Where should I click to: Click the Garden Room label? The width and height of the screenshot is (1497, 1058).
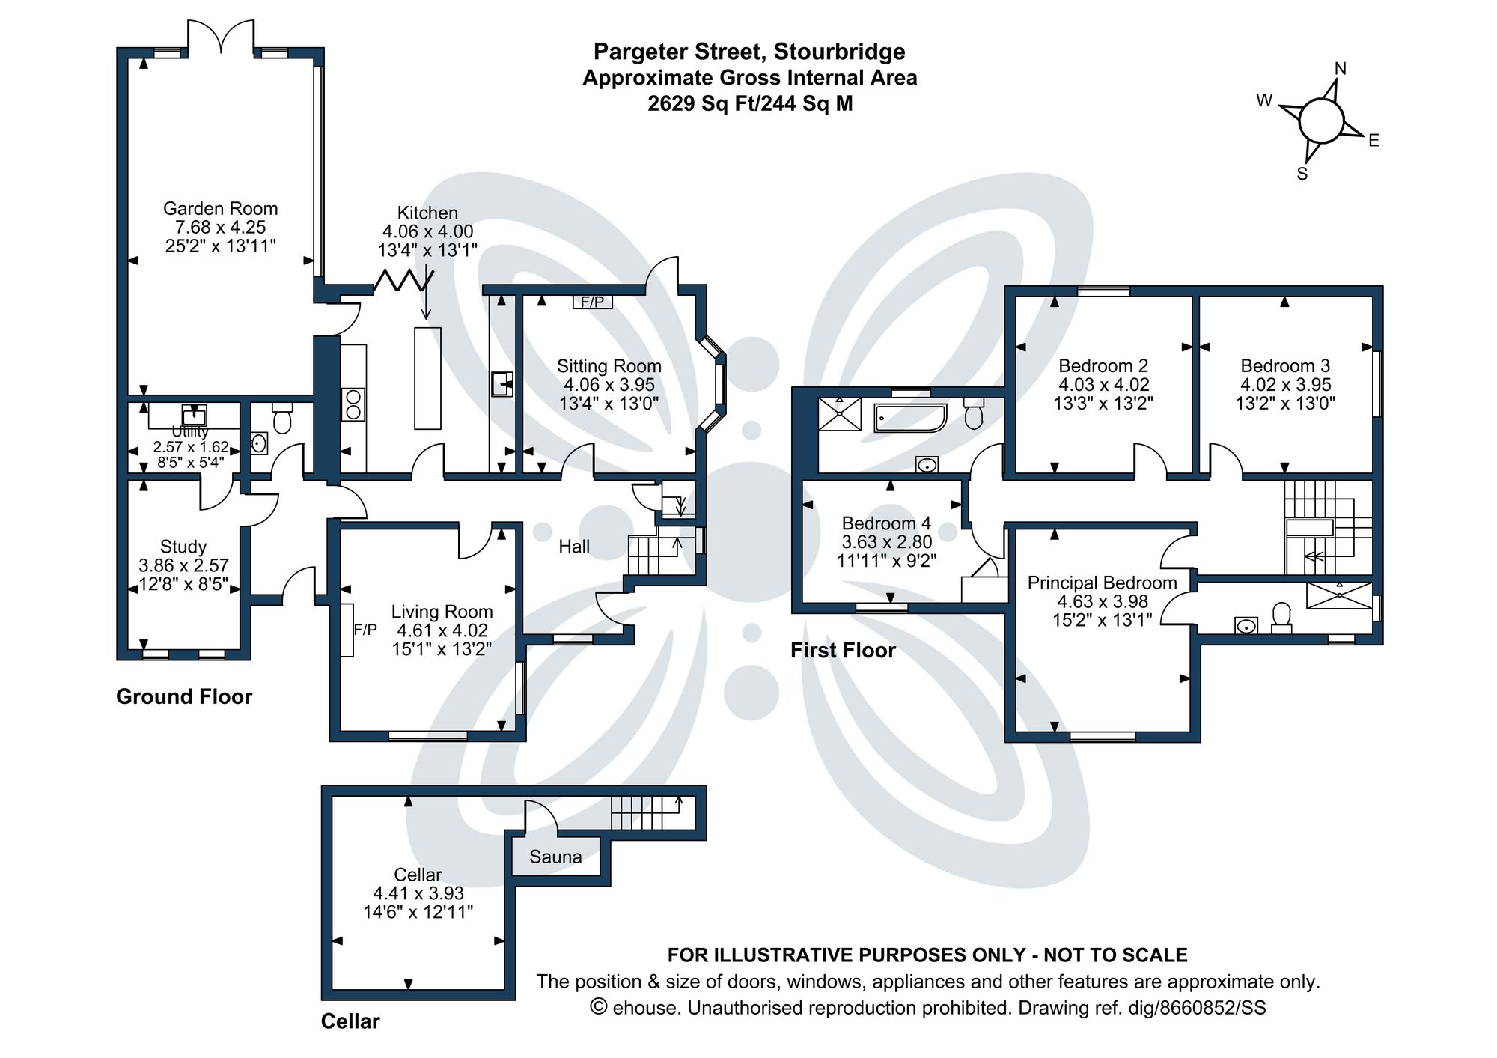pos(220,209)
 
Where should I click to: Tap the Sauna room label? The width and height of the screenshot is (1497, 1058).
pos(555,857)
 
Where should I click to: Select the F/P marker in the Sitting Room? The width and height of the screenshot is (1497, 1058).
pos(593,302)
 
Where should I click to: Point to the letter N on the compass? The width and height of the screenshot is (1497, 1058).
pos(1340,69)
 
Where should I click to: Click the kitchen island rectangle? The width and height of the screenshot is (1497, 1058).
pos(427,377)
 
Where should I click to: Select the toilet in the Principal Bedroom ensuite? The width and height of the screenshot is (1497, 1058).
pos(1281,617)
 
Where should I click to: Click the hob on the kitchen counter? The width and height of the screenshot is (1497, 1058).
pos(353,404)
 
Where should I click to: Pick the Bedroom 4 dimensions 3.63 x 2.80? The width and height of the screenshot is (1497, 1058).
pos(886,542)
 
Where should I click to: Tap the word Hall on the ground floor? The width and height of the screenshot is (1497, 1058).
pos(574,547)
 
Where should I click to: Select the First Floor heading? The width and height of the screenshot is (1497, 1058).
pos(843,650)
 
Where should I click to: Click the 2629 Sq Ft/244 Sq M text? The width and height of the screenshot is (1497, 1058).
pos(750,103)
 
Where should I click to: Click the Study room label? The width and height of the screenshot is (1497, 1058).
pos(183,547)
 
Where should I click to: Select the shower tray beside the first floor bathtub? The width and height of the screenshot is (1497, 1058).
pos(839,414)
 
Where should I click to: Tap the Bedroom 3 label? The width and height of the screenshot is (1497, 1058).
pos(1284,366)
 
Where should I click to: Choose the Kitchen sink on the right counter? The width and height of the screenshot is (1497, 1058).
pos(502,383)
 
